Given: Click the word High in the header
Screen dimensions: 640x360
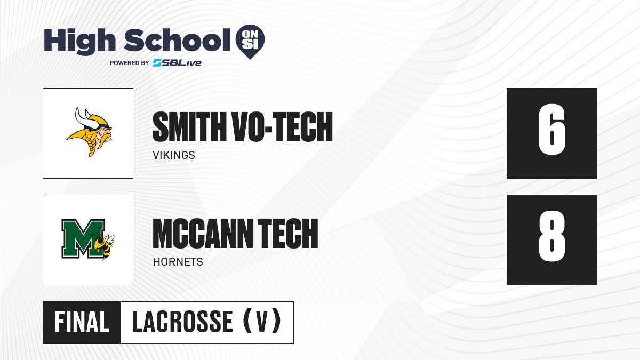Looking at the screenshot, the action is click(x=79, y=42).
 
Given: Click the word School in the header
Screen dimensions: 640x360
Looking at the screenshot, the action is click(x=177, y=40).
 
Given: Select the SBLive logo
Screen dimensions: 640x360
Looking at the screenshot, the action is click(x=177, y=63).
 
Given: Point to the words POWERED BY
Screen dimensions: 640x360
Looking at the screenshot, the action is click(x=130, y=63).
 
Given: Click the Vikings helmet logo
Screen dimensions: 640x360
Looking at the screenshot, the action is click(x=90, y=132).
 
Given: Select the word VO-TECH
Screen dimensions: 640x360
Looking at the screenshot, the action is click(x=283, y=127).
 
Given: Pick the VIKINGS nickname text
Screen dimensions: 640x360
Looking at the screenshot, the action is click(x=174, y=155).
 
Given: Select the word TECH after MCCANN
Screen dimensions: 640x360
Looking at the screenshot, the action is click(x=288, y=234).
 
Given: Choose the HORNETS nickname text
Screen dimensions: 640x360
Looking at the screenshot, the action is click(x=178, y=262).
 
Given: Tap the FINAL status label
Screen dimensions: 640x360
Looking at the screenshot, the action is click(x=82, y=322).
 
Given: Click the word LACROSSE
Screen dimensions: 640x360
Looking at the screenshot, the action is click(x=182, y=322).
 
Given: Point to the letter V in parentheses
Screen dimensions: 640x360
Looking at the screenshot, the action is click(x=262, y=322).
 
